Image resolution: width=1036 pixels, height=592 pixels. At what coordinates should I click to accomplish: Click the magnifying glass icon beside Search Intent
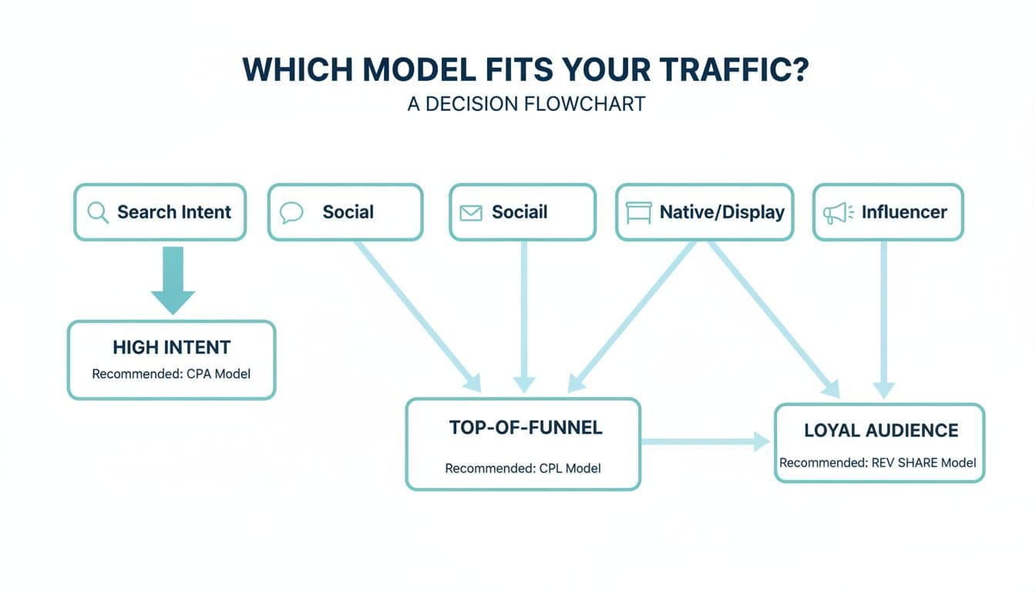point(98,212)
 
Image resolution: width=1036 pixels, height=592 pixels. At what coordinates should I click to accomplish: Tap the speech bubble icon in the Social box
point(291,212)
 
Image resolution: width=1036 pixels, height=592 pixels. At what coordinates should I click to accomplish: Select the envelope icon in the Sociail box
point(470,213)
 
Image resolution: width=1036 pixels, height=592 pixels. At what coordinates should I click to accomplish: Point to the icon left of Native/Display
point(639,213)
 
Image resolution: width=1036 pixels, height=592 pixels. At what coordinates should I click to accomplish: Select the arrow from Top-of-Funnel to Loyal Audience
point(705,442)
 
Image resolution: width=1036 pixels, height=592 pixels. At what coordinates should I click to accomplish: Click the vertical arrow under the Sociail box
point(523,316)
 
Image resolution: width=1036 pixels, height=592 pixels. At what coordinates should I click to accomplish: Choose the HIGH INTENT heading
point(171,348)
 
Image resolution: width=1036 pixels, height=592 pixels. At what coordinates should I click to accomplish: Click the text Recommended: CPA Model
point(171,374)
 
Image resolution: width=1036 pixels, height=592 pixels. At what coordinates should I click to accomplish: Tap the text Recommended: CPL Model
point(523,468)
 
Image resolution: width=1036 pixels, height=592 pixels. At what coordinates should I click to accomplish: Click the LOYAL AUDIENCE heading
point(881,430)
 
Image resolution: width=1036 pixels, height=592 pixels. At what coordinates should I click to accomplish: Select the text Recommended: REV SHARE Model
point(878,462)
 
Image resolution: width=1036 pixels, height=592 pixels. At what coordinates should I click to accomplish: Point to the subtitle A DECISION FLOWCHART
point(526,104)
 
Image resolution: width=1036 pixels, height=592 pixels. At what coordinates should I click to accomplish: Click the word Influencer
point(904,212)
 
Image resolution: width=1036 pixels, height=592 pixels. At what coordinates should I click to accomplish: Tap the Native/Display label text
point(721,212)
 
